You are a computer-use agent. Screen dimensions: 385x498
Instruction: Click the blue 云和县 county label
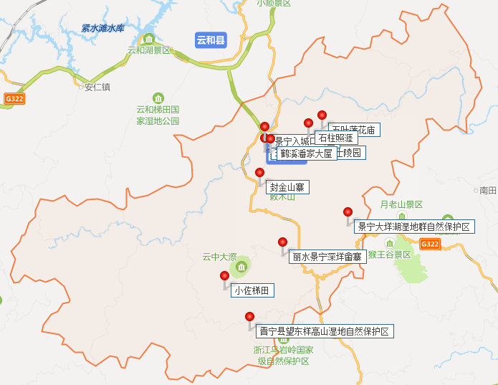[x=211, y=40]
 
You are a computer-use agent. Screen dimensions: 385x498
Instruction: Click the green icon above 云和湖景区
[x=149, y=39]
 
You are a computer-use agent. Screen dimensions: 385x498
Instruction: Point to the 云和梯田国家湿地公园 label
[x=158, y=115]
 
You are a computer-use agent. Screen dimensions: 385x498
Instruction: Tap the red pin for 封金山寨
[x=259, y=173]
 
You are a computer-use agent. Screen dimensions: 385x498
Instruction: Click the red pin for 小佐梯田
[x=225, y=276]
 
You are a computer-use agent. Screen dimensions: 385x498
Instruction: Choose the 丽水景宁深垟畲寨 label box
[x=327, y=257]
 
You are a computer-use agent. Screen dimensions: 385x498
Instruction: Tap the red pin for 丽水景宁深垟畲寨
[x=282, y=242]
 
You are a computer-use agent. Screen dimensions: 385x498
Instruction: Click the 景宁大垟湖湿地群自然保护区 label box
[x=413, y=227]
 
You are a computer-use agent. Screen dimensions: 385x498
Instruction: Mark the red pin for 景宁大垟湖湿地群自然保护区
[x=348, y=212]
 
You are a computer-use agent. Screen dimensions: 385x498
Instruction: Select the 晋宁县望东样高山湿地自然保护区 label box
[x=325, y=331]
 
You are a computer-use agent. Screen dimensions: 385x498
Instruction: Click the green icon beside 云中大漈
[x=241, y=267]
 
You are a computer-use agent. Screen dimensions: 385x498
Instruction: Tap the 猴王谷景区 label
[x=389, y=255]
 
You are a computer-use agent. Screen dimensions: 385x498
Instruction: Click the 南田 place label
[x=488, y=190]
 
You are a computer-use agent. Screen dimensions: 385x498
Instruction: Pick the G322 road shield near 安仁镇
[x=14, y=98]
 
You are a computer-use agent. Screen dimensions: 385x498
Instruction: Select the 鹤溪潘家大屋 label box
[x=306, y=153]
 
